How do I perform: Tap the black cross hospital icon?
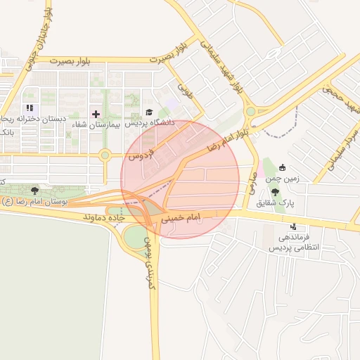(x=96, y=113)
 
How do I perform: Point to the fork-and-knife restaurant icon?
(x=30, y=108)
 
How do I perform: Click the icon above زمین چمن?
(x=283, y=167)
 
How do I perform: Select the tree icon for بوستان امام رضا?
(x=34, y=191)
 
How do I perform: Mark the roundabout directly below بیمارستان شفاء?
(x=105, y=155)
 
